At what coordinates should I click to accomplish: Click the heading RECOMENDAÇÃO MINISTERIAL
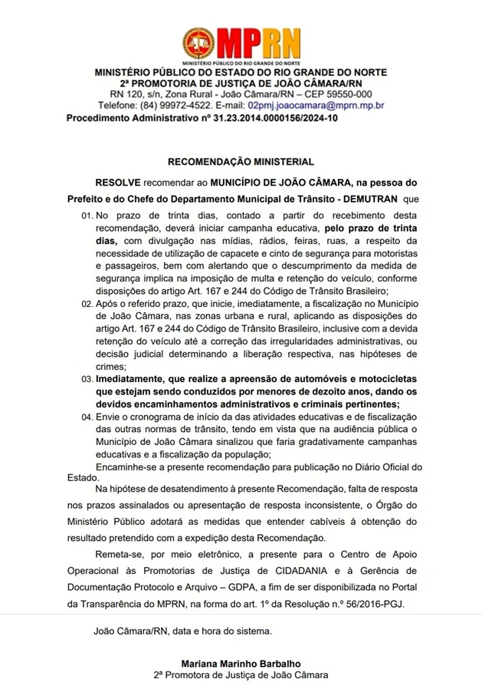[x=241, y=162]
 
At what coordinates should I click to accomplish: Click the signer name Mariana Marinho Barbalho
[x=241, y=662]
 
